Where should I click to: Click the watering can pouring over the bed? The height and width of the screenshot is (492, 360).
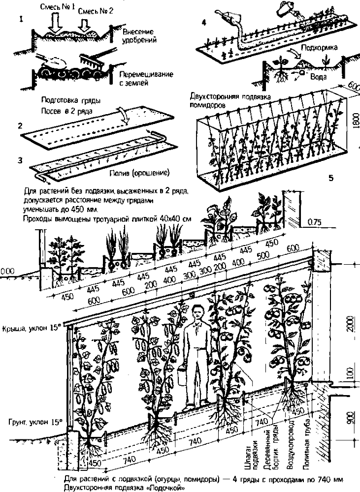tap(286, 10)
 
